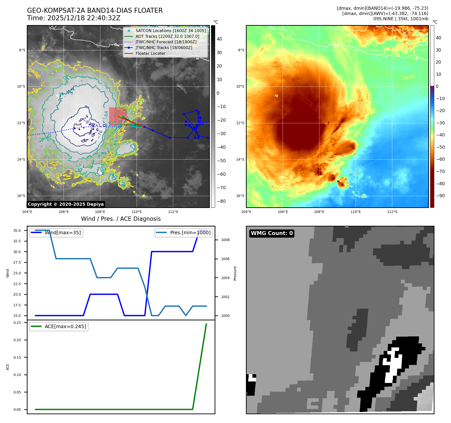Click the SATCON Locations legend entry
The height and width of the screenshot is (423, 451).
[x=171, y=31]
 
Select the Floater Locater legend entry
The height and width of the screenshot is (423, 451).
[x=150, y=54]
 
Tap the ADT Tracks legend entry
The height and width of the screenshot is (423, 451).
[x=167, y=37]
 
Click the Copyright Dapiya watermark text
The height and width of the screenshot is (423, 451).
[x=66, y=204]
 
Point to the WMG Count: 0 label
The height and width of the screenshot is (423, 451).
[x=272, y=233]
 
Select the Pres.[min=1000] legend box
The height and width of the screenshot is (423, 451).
[x=184, y=233]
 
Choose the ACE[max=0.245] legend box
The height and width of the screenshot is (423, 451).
[x=59, y=327]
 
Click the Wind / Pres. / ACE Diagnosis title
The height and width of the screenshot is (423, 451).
[x=121, y=219]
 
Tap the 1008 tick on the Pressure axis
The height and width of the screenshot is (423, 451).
[x=225, y=240]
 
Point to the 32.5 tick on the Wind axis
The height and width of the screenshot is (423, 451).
[x=17, y=241]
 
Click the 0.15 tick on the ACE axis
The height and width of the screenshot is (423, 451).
[x=17, y=357]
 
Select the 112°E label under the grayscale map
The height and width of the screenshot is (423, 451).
[x=173, y=212]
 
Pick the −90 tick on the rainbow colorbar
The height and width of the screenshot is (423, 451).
[x=440, y=196]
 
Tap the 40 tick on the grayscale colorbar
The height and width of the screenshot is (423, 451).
[x=219, y=39]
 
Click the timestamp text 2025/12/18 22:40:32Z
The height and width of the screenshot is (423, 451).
[x=84, y=18]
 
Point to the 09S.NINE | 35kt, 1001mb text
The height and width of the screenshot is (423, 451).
[x=401, y=19]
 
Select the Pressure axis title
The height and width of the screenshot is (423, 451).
[x=235, y=273]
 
